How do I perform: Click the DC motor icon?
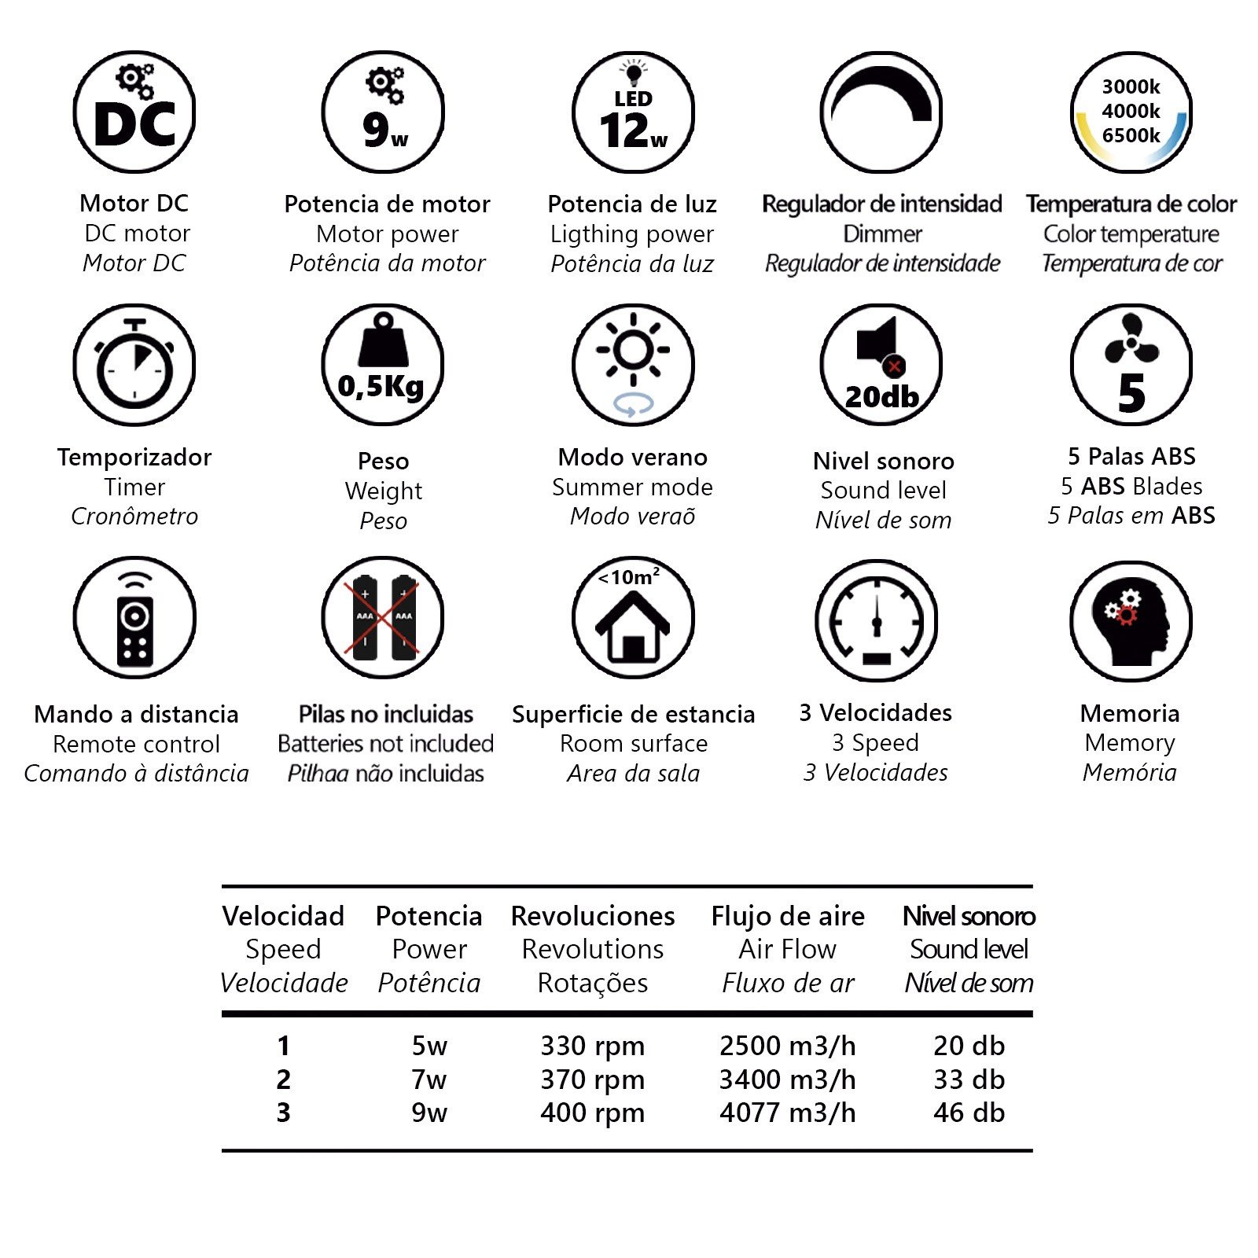pyautogui.click(x=134, y=113)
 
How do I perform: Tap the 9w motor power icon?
pyautogui.click(x=384, y=113)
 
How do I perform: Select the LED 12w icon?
pyautogui.click(x=633, y=113)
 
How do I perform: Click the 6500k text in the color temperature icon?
pyautogui.click(x=1131, y=135)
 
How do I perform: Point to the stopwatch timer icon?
pyautogui.click(x=134, y=366)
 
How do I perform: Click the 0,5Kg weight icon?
pyautogui.click(x=383, y=366)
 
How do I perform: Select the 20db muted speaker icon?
pyautogui.click(x=881, y=366)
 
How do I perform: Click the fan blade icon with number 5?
pyautogui.click(x=1131, y=366)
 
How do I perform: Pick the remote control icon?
pyautogui.click(x=134, y=618)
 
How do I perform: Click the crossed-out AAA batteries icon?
pyautogui.click(x=383, y=618)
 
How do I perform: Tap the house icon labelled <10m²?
pyautogui.click(x=633, y=618)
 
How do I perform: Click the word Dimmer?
pyautogui.click(x=882, y=234)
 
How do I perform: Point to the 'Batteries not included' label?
pyautogui.click(x=385, y=743)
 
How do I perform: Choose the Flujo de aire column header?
pyautogui.click(x=788, y=916)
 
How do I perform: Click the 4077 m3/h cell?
pyautogui.click(x=788, y=1113)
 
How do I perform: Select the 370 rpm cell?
pyautogui.click(x=592, y=1080)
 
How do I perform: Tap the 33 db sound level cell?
pyautogui.click(x=969, y=1080)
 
